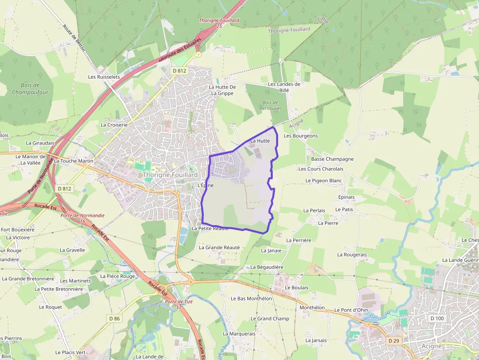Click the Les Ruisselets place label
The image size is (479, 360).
104,77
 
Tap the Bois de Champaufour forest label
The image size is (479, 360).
30,88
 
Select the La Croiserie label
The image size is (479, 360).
114,125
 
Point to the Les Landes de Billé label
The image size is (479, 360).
284,87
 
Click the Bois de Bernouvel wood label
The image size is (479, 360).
269,105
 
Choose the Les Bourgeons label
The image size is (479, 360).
301,136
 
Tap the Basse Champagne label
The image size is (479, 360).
332,159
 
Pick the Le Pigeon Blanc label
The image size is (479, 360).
324,180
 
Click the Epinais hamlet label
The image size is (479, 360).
346,197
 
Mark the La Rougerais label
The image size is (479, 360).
352,254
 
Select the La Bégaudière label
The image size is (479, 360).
267,267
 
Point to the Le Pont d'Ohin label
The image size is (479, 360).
351,310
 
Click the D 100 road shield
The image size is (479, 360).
436,318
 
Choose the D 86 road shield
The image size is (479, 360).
114,318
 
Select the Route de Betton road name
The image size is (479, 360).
74,36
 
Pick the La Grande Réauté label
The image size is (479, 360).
219,247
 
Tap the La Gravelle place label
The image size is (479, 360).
72,250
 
